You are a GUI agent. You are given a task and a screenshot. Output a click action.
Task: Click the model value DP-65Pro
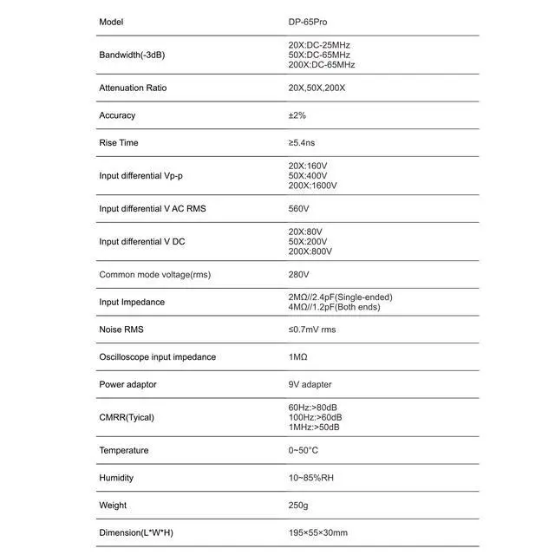pyautogui.click(x=308, y=22)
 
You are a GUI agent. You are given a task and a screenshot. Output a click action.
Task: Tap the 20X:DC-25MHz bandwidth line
pyautogui.click(x=319, y=45)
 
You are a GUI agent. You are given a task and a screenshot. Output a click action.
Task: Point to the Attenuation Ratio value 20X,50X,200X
pyautogui.click(x=317, y=88)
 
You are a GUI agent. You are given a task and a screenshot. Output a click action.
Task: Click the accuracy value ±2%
pyautogui.click(x=297, y=115)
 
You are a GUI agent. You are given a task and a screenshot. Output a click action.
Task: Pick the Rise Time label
pyautogui.click(x=119, y=143)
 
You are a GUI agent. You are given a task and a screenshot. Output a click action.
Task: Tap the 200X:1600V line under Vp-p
pyautogui.click(x=312, y=186)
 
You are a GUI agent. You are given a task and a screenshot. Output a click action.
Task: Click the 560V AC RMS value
pyautogui.click(x=298, y=209)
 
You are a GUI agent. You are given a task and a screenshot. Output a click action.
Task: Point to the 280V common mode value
pyautogui.click(x=298, y=275)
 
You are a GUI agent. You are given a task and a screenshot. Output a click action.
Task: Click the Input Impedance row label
pyautogui.click(x=132, y=303)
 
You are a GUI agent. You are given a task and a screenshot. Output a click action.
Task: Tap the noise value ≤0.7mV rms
pyautogui.click(x=311, y=330)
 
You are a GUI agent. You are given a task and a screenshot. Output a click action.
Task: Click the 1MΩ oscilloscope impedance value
pyautogui.click(x=297, y=357)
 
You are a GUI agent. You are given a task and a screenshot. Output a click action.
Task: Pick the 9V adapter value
pyautogui.click(x=310, y=385)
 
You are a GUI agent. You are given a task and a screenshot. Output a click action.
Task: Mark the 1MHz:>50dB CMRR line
pyautogui.click(x=314, y=427)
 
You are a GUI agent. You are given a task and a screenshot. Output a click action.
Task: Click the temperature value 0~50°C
pyautogui.click(x=303, y=450)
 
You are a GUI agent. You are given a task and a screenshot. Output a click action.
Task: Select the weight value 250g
pyautogui.click(x=297, y=506)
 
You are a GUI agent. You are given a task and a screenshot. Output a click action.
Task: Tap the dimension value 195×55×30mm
pyautogui.click(x=317, y=532)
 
